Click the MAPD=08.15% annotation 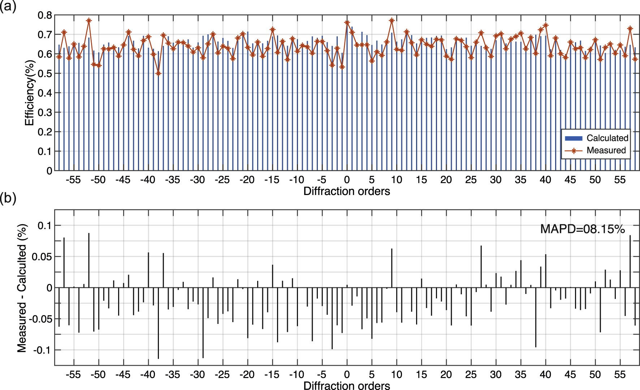pos(582,229)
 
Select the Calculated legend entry pos(607,138)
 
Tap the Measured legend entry pos(606,150)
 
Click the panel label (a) pos(8,6)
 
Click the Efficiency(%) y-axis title pos(30,93)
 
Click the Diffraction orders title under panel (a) pos(346,191)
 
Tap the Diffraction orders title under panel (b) pos(346,385)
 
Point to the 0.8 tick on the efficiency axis pos(45,15)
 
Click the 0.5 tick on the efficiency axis pos(45,74)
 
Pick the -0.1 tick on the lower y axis pos(42,350)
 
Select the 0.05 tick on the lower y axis pos(42,257)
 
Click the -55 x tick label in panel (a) pos(73,180)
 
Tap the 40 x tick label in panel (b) pos(545,374)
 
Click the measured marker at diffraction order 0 pos(347,23)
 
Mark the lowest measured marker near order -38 pos(158,73)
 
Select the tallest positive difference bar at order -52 pos(89,260)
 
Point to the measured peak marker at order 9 pos(392,21)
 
